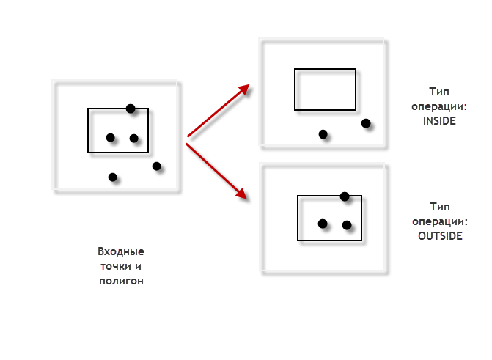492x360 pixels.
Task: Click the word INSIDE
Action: [439, 121]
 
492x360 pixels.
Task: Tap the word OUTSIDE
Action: [440, 236]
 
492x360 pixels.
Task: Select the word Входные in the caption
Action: [121, 251]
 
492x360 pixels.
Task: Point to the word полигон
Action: [121, 281]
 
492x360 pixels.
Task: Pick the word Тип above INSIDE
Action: [439, 92]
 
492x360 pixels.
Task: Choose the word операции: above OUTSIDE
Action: [440, 221]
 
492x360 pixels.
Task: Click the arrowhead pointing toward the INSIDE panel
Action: [244, 89]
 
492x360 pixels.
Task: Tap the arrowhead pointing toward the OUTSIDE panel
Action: [242, 194]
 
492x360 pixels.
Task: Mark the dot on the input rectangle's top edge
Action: [131, 109]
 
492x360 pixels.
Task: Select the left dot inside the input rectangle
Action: [111, 137]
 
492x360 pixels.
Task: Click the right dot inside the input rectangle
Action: [134, 138]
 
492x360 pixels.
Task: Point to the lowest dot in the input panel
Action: [113, 177]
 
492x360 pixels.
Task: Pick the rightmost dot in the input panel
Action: [157, 166]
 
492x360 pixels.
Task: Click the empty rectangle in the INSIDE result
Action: [294, 89]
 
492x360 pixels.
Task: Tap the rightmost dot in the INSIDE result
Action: [366, 123]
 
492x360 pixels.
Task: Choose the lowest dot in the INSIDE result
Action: [323, 134]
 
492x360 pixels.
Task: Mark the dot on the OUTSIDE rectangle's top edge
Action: [345, 196]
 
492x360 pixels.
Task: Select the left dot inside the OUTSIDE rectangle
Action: [323, 224]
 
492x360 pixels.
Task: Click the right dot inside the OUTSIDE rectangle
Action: [347, 225]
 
